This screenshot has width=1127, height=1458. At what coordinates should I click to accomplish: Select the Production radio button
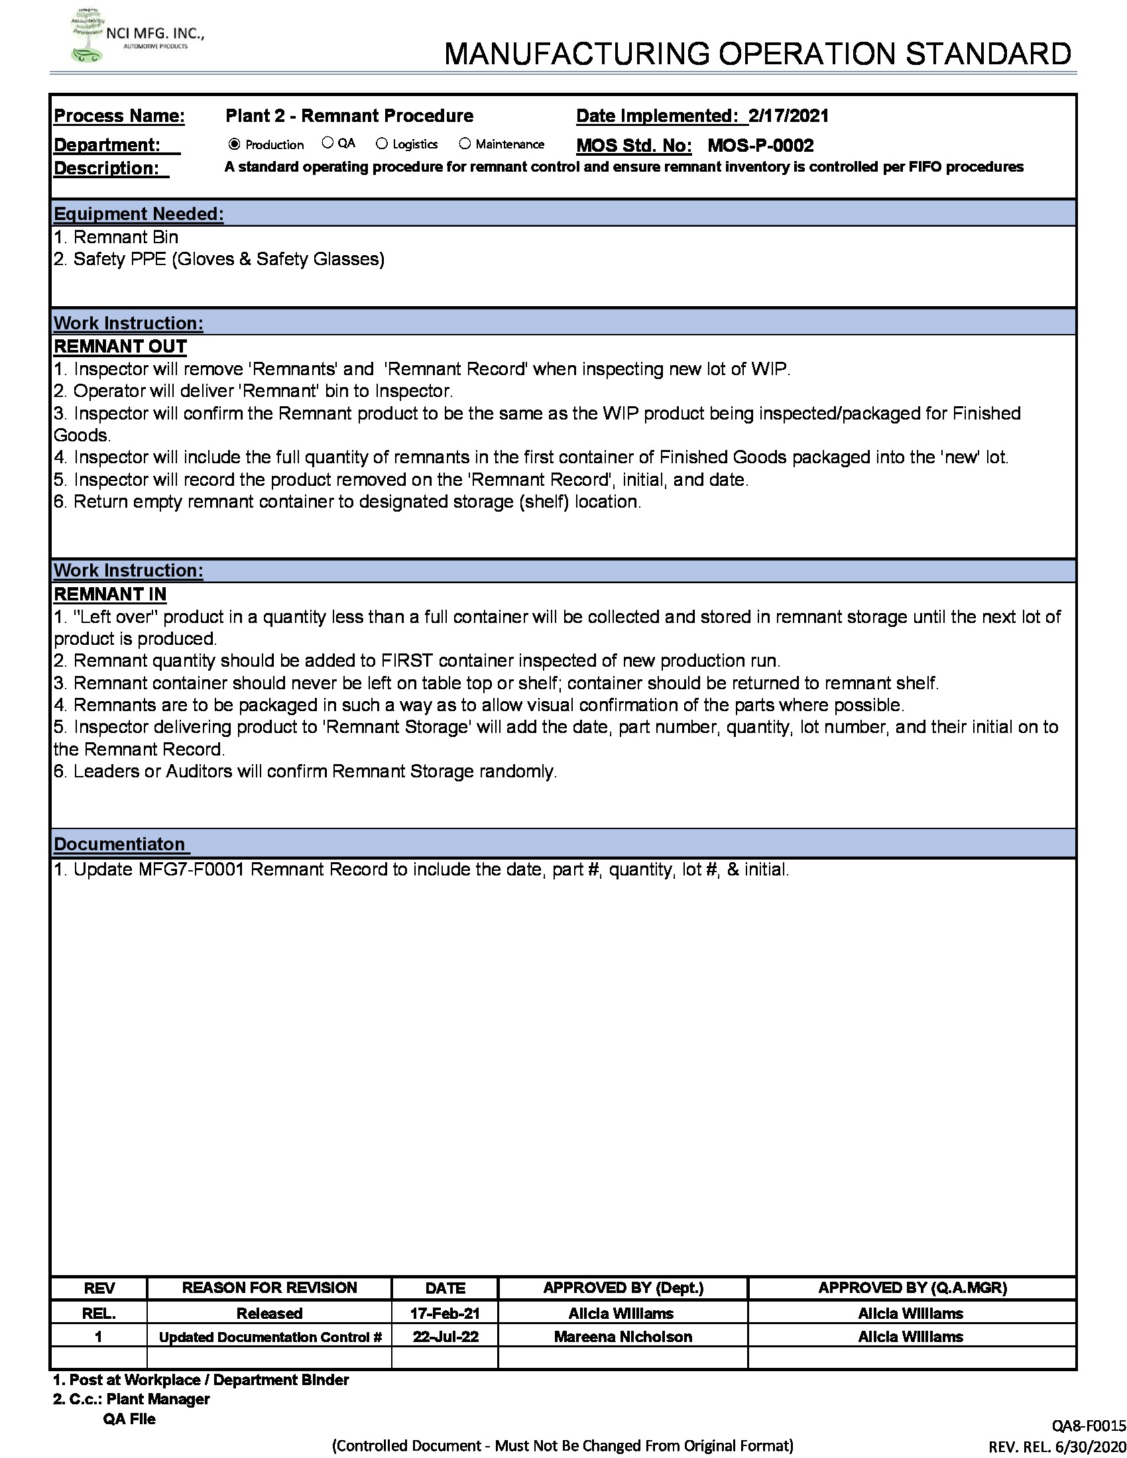click(234, 144)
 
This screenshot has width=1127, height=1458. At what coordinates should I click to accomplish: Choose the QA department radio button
click(327, 143)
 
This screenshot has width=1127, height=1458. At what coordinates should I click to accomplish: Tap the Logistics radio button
click(382, 144)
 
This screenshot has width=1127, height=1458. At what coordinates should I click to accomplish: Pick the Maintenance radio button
click(465, 144)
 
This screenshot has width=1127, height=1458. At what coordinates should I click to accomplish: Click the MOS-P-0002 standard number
click(760, 146)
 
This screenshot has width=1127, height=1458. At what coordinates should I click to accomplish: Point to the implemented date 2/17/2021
click(788, 116)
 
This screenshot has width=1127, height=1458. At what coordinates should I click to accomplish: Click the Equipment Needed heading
click(138, 213)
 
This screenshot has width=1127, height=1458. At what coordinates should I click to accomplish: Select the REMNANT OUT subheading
click(120, 347)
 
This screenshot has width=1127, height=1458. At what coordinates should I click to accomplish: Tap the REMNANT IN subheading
click(110, 594)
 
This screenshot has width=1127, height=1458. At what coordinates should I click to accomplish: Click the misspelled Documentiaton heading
click(119, 844)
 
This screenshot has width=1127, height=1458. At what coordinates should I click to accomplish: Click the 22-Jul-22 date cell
click(445, 1337)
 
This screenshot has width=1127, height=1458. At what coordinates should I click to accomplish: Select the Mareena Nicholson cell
click(623, 1337)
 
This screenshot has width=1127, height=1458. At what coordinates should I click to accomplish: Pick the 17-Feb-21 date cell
click(445, 1313)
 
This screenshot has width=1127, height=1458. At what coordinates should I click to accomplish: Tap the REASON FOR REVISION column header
click(269, 1288)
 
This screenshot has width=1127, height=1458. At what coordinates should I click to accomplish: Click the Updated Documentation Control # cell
click(270, 1337)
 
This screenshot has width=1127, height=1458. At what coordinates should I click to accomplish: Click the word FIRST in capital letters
click(407, 661)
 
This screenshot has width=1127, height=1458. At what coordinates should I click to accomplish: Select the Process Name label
click(119, 116)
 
